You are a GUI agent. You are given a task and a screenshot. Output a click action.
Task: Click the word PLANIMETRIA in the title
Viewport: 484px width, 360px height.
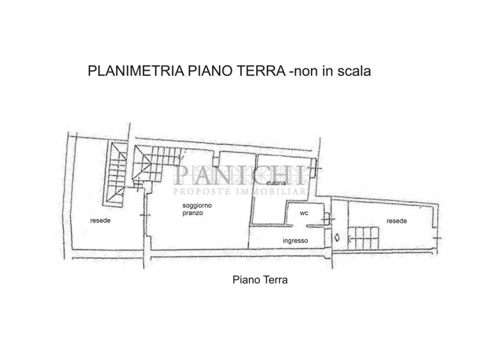(x=136, y=71)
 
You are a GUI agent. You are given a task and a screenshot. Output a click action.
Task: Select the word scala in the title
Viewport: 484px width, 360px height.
(x=354, y=71)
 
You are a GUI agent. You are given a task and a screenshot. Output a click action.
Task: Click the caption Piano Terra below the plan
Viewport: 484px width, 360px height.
(x=260, y=280)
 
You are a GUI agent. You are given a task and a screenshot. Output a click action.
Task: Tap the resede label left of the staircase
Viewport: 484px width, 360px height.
(x=100, y=221)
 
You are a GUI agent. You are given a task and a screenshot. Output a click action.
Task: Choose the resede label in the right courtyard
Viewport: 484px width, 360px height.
(x=397, y=221)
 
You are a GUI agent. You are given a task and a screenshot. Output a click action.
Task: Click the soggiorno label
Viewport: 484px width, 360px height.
(x=197, y=206)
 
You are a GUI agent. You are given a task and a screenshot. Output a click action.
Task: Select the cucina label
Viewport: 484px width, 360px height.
(x=276, y=183)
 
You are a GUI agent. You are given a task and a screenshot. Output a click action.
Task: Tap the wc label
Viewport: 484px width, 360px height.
(x=304, y=213)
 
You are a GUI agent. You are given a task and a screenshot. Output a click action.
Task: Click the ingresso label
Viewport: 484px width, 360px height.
(x=296, y=241)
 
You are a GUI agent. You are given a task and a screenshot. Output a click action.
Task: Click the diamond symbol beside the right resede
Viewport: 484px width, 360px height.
(x=337, y=237)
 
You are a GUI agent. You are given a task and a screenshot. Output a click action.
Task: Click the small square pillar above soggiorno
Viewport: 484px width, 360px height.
(x=215, y=160)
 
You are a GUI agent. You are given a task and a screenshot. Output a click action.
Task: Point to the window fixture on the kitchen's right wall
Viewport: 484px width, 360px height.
(x=314, y=168)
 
